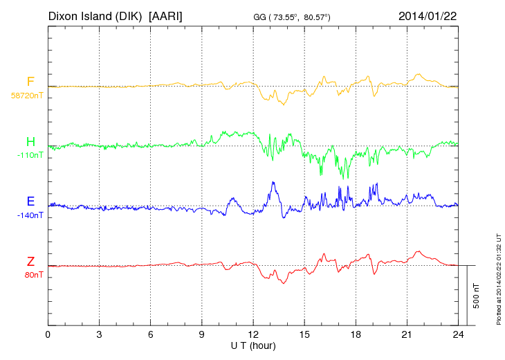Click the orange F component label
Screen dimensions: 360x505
[30, 82]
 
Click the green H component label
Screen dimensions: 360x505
[30, 142]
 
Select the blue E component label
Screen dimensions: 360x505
[30, 201]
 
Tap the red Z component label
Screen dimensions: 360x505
[30, 261]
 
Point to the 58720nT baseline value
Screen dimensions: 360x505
[26, 96]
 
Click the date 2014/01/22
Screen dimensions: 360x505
[427, 15]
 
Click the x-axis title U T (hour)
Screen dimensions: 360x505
[253, 345]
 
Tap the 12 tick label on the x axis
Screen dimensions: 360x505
[253, 334]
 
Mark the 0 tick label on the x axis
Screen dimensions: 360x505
[48, 334]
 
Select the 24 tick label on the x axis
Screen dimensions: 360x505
[458, 334]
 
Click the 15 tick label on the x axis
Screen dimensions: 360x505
[304, 334]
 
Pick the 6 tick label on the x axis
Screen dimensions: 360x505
[151, 334]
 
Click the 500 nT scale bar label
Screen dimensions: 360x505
[477, 296]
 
